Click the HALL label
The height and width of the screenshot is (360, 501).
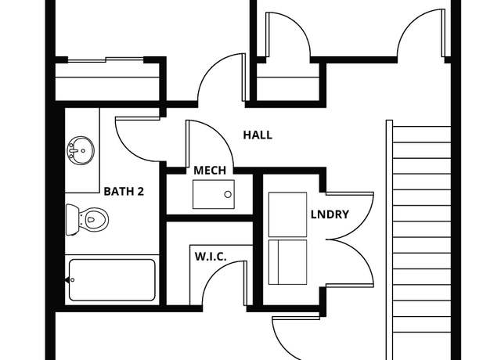click(x=258, y=135)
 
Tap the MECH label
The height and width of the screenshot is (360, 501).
click(x=210, y=171)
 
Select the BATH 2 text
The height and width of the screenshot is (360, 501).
click(x=124, y=191)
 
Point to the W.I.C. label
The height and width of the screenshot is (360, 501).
click(x=211, y=257)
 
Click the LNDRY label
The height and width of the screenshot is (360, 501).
click(x=330, y=214)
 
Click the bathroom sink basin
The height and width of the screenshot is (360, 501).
click(x=81, y=150)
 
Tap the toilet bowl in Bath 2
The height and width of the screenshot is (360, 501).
click(x=93, y=219)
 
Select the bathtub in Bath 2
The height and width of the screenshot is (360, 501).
click(x=112, y=280)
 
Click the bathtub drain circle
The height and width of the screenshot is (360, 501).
click(x=73, y=280)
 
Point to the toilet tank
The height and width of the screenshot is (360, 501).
click(x=72, y=220)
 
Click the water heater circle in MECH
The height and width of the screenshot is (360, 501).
click(x=228, y=194)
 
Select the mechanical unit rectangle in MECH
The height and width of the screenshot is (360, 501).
click(x=214, y=194)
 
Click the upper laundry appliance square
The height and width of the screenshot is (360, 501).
click(x=287, y=214)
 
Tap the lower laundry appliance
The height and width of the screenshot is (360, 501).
click(x=287, y=262)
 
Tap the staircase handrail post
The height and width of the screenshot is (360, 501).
click(x=389, y=240)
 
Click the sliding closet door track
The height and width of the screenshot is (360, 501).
click(x=106, y=59)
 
